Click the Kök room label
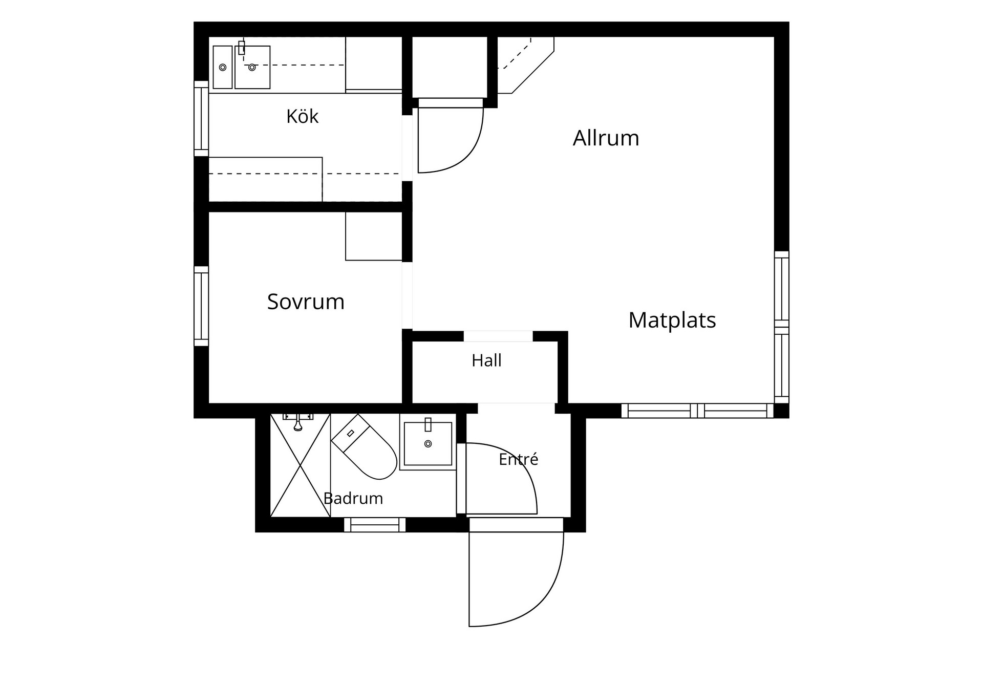(302, 117)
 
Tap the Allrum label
(606, 138)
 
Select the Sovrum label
(306, 302)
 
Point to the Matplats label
(672, 320)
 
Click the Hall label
(486, 360)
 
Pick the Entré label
(518, 459)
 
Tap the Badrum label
(353, 498)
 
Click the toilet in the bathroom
(364, 446)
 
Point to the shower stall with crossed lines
(300, 465)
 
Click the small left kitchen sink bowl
(223, 67)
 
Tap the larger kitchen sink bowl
(252, 67)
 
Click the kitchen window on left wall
(201, 118)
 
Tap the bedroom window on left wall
(201, 306)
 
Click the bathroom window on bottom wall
(375, 525)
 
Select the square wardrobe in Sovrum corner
(374, 236)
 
